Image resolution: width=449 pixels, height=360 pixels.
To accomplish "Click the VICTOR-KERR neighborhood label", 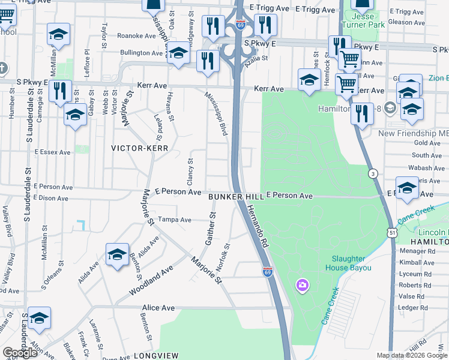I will [139, 148].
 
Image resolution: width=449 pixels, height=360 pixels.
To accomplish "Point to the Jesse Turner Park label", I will [363, 21].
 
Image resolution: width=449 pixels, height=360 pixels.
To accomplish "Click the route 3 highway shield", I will [373, 173].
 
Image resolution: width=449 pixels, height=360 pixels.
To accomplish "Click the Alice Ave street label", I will [158, 308].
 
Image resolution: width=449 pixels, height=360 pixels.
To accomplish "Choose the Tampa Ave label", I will [174, 219].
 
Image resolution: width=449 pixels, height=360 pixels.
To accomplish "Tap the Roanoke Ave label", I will [136, 36].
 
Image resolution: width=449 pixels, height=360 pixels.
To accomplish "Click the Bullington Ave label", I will [142, 53].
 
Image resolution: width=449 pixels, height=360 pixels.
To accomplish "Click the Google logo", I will [20, 353].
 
